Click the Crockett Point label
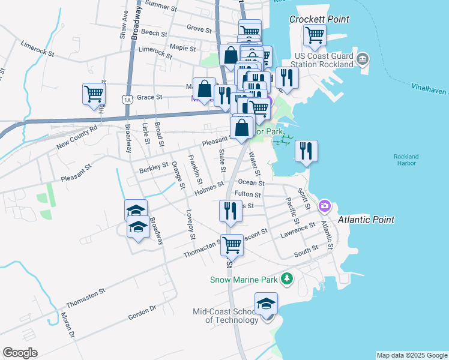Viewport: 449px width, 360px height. pos(319,19)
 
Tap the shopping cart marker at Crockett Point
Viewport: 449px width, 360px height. pos(315,35)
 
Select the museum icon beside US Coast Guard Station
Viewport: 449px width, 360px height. pos(363,58)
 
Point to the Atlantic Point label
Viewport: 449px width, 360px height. pos(366,220)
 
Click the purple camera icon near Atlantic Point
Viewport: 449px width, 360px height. pos(325,206)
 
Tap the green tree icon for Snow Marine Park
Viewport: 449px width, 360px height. pos(288,279)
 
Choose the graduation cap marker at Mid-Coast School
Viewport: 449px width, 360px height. pos(266,304)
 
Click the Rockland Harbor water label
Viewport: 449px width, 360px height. pos(406,160)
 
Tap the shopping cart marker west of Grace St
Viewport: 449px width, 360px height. pos(94,95)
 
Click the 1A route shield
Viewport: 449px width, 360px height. pos(126,100)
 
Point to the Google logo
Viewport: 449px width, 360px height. pos(20,352)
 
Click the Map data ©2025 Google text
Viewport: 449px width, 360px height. pos(411,355)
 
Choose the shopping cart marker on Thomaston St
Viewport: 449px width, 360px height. pos(232,245)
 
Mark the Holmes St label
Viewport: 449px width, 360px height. pos(209,188)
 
